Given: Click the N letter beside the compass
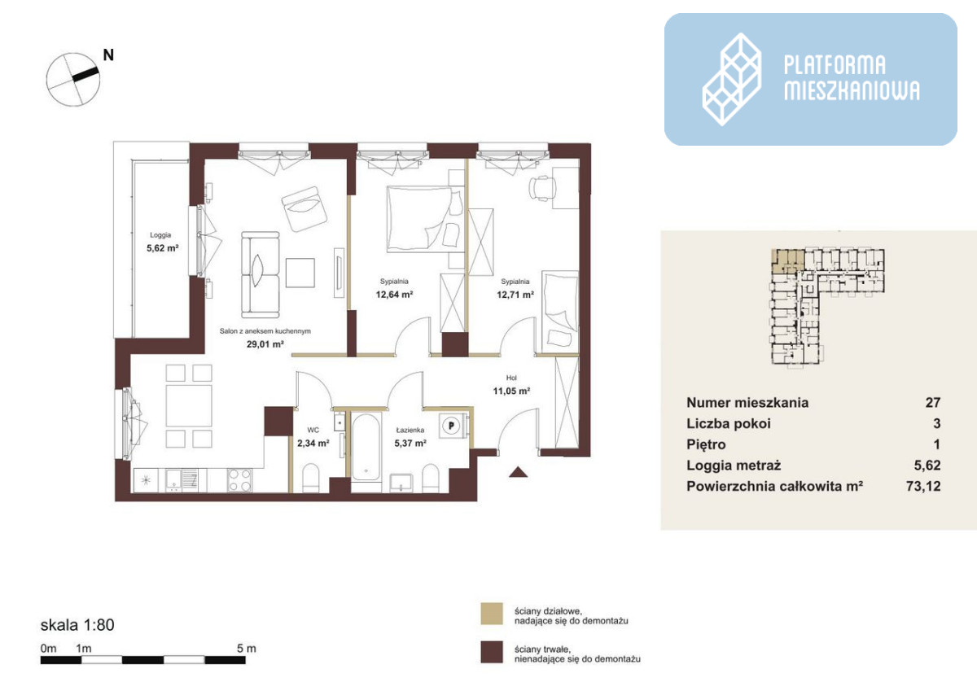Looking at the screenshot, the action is click(108, 55).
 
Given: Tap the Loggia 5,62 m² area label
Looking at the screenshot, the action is click(162, 242).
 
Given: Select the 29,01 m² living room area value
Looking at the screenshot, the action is click(265, 344).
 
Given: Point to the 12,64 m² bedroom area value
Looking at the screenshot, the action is click(394, 295).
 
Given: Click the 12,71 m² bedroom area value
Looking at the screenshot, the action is click(515, 295).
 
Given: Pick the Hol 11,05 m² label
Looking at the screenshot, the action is click(511, 385).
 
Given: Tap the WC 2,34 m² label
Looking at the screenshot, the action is click(313, 437).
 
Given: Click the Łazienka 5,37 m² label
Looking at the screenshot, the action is click(410, 437).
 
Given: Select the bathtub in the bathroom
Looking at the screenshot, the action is click(366, 447).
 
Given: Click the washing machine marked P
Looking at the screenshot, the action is click(452, 426).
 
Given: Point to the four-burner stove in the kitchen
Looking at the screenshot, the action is click(240, 480).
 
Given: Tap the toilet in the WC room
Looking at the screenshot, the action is click(311, 479).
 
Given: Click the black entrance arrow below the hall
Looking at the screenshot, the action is click(518, 472).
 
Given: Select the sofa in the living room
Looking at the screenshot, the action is click(261, 274).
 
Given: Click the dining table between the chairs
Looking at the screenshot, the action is click(189, 405).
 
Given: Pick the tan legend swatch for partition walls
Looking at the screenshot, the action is click(492, 614).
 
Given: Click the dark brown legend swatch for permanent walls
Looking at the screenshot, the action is click(492, 652).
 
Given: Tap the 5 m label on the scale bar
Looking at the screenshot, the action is click(247, 649).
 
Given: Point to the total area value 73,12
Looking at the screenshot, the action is click(923, 486).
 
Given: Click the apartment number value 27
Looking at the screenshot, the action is click(933, 402).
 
